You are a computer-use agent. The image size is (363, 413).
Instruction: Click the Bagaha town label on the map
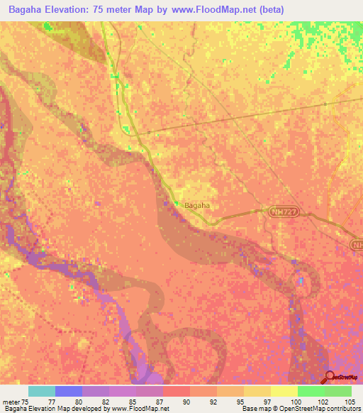coord(199,206)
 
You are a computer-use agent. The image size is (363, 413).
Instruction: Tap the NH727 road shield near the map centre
coord(280,211)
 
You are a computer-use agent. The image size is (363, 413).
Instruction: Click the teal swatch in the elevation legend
coord(41,391)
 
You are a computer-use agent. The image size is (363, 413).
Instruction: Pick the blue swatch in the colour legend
coord(68,391)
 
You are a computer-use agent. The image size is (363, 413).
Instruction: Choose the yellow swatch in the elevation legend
coord(284,391)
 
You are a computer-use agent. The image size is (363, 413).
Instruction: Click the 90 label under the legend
coord(186,402)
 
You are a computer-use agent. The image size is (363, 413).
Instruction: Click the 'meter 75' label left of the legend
coord(14,402)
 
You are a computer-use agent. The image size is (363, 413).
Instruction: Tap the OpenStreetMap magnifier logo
coord(329,377)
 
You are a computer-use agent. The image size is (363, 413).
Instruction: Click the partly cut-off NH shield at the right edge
coord(357,244)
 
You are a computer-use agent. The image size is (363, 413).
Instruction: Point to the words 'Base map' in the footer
coord(254,409)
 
